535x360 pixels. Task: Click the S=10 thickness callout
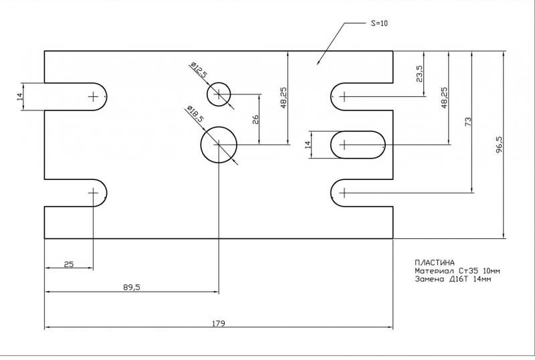(379, 23)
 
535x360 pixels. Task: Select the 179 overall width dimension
(219, 323)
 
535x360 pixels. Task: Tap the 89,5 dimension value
(132, 287)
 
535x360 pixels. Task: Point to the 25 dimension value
(68, 264)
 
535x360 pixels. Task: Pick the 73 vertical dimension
(468, 122)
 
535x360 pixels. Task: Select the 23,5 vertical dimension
(419, 74)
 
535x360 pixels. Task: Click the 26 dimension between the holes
(255, 119)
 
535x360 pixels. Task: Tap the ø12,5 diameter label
(198, 70)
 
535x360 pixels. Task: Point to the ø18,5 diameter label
(194, 114)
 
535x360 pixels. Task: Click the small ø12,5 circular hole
(218, 95)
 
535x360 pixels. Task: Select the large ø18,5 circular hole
(219, 145)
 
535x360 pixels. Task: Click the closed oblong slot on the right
(358, 145)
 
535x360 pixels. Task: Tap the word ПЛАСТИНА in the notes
(435, 262)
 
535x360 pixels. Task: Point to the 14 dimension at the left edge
(20, 96)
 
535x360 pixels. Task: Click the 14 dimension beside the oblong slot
(308, 145)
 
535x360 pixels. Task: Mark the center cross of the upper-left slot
(93, 96)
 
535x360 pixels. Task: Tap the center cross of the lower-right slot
(343, 193)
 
